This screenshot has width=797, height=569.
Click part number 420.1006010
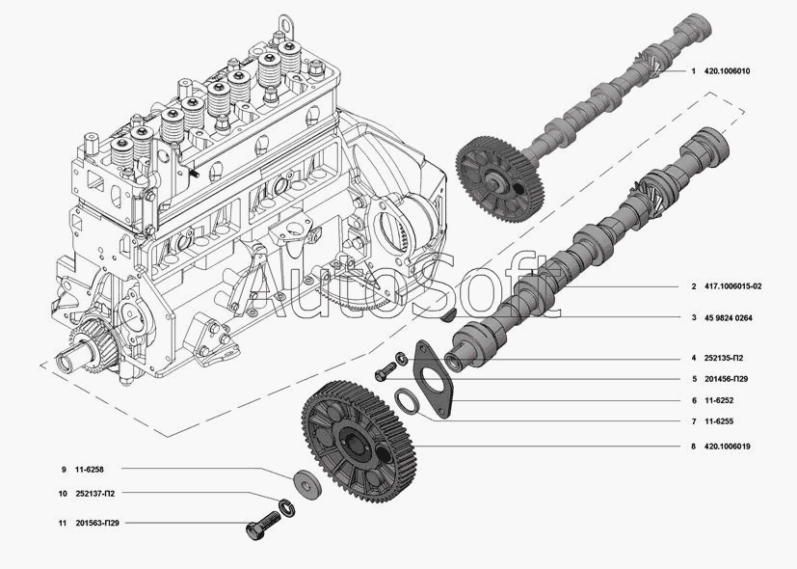pyautogui.click(x=727, y=71)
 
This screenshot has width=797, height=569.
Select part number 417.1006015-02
pyautogui.click(x=733, y=286)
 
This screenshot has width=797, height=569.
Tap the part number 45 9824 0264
pyautogui.click(x=729, y=318)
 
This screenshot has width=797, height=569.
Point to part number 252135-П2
pyautogui.click(x=724, y=359)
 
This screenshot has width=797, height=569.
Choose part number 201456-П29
pyautogui.click(x=726, y=379)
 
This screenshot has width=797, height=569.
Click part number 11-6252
pyautogui.click(x=719, y=400)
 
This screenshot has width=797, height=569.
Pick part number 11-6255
pyautogui.click(x=719, y=421)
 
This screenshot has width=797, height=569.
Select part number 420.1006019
pyautogui.click(x=727, y=447)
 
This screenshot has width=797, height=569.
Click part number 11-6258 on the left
pyautogui.click(x=89, y=470)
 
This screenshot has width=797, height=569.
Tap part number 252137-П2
pyautogui.click(x=95, y=494)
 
